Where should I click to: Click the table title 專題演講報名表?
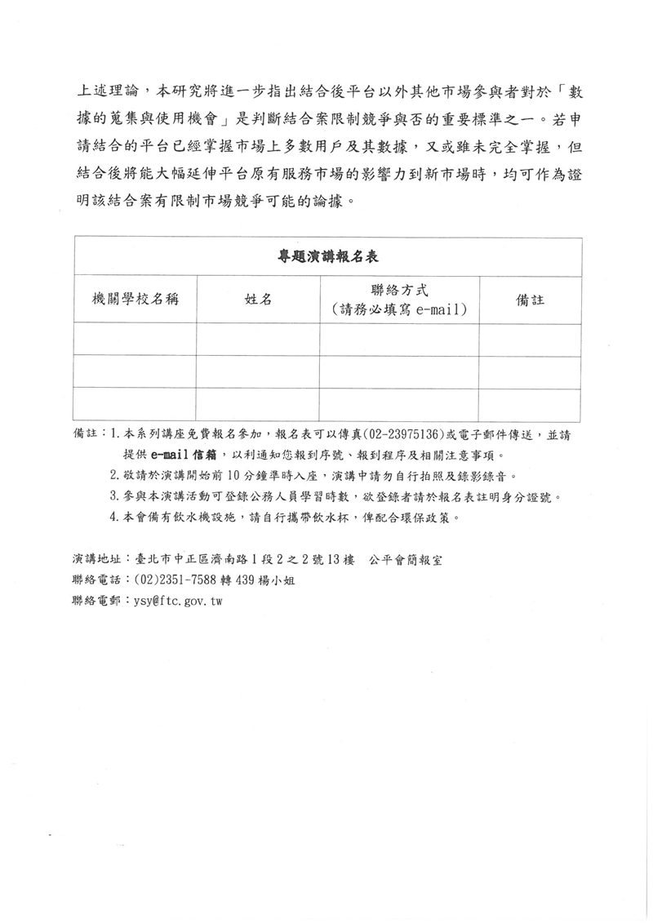click(x=326, y=256)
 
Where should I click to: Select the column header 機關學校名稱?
click(x=135, y=300)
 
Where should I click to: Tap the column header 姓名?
click(x=258, y=300)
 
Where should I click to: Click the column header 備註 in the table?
click(x=530, y=300)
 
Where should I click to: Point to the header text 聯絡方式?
click(x=399, y=290)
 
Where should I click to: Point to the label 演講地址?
click(x=96, y=560)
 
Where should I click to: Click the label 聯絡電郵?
click(x=96, y=601)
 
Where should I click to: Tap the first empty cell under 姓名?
click(x=258, y=339)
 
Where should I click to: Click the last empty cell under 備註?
click(x=530, y=404)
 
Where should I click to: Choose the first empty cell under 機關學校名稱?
click(x=135, y=339)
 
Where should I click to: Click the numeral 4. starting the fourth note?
click(x=114, y=518)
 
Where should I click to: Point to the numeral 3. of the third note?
click(x=114, y=496)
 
